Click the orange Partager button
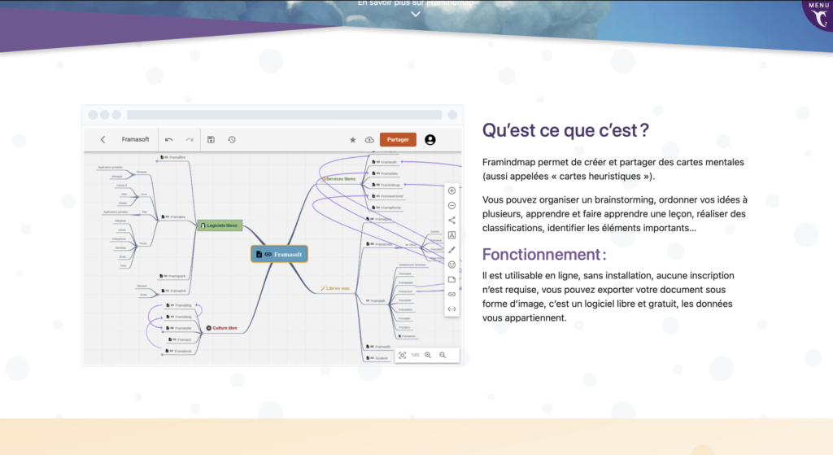[x=398, y=139]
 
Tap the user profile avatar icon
[x=430, y=139]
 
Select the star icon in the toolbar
[x=353, y=140]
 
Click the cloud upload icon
[x=369, y=140]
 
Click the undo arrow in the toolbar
[x=169, y=140]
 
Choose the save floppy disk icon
[x=211, y=140]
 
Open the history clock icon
[x=232, y=140]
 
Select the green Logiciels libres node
[x=220, y=225]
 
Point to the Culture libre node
[x=221, y=328]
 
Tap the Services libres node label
[x=340, y=179]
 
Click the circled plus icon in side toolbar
[x=452, y=190]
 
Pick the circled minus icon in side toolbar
[x=452, y=205]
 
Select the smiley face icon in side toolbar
[x=452, y=265]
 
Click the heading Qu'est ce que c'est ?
[x=565, y=130]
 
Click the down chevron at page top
[x=416, y=15]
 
